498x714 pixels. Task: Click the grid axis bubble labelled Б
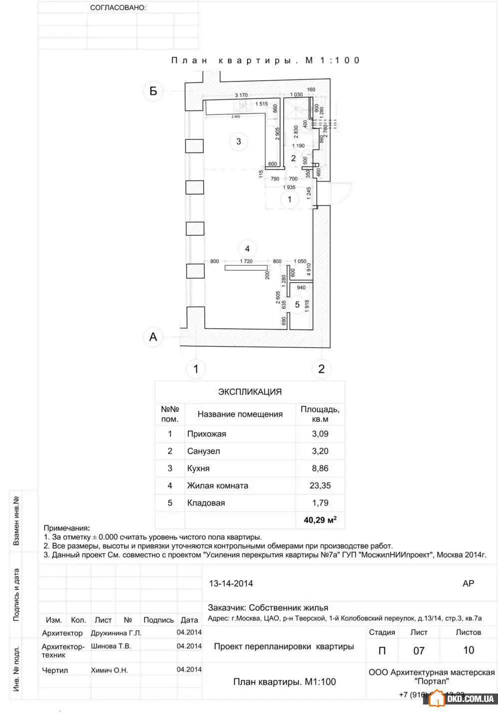pos(153,91)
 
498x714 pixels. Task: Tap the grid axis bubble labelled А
pos(153,337)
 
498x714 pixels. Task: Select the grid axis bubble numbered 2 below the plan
pos(321,369)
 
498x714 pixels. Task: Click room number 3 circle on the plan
pos(238,141)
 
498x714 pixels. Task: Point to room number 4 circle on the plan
pos(247,248)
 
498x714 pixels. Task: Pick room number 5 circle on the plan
pos(297,304)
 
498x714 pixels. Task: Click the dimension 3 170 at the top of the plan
pos(241,95)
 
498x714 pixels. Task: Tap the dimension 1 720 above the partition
pos(246,261)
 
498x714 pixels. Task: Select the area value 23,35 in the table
pos(320,485)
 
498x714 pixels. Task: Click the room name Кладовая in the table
pos(206,503)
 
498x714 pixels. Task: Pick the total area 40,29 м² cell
pos(320,520)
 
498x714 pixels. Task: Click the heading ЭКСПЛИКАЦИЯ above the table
pos(250,392)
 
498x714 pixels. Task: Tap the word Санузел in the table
pos(203,451)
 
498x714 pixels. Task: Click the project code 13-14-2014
pos(231,583)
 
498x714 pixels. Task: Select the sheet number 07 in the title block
pos(419,651)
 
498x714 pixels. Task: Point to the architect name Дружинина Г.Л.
pos(116,633)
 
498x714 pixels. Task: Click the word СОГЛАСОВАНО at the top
pos(118,8)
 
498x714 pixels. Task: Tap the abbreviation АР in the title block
pos(468,583)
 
